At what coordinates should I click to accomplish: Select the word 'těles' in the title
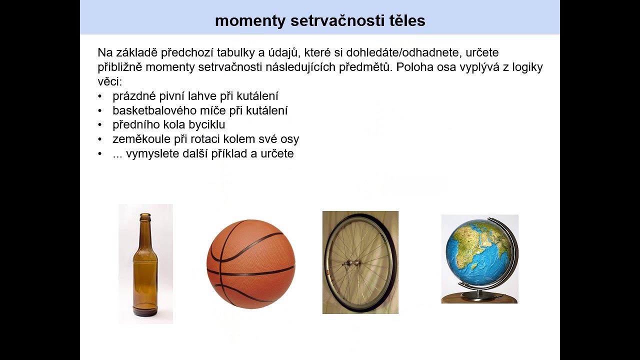(406, 20)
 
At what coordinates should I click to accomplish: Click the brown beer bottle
(145, 270)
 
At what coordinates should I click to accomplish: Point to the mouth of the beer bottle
(145, 215)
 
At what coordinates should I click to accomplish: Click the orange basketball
(250, 264)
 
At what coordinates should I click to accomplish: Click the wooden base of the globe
(479, 298)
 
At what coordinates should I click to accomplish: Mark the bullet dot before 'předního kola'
(100, 125)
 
